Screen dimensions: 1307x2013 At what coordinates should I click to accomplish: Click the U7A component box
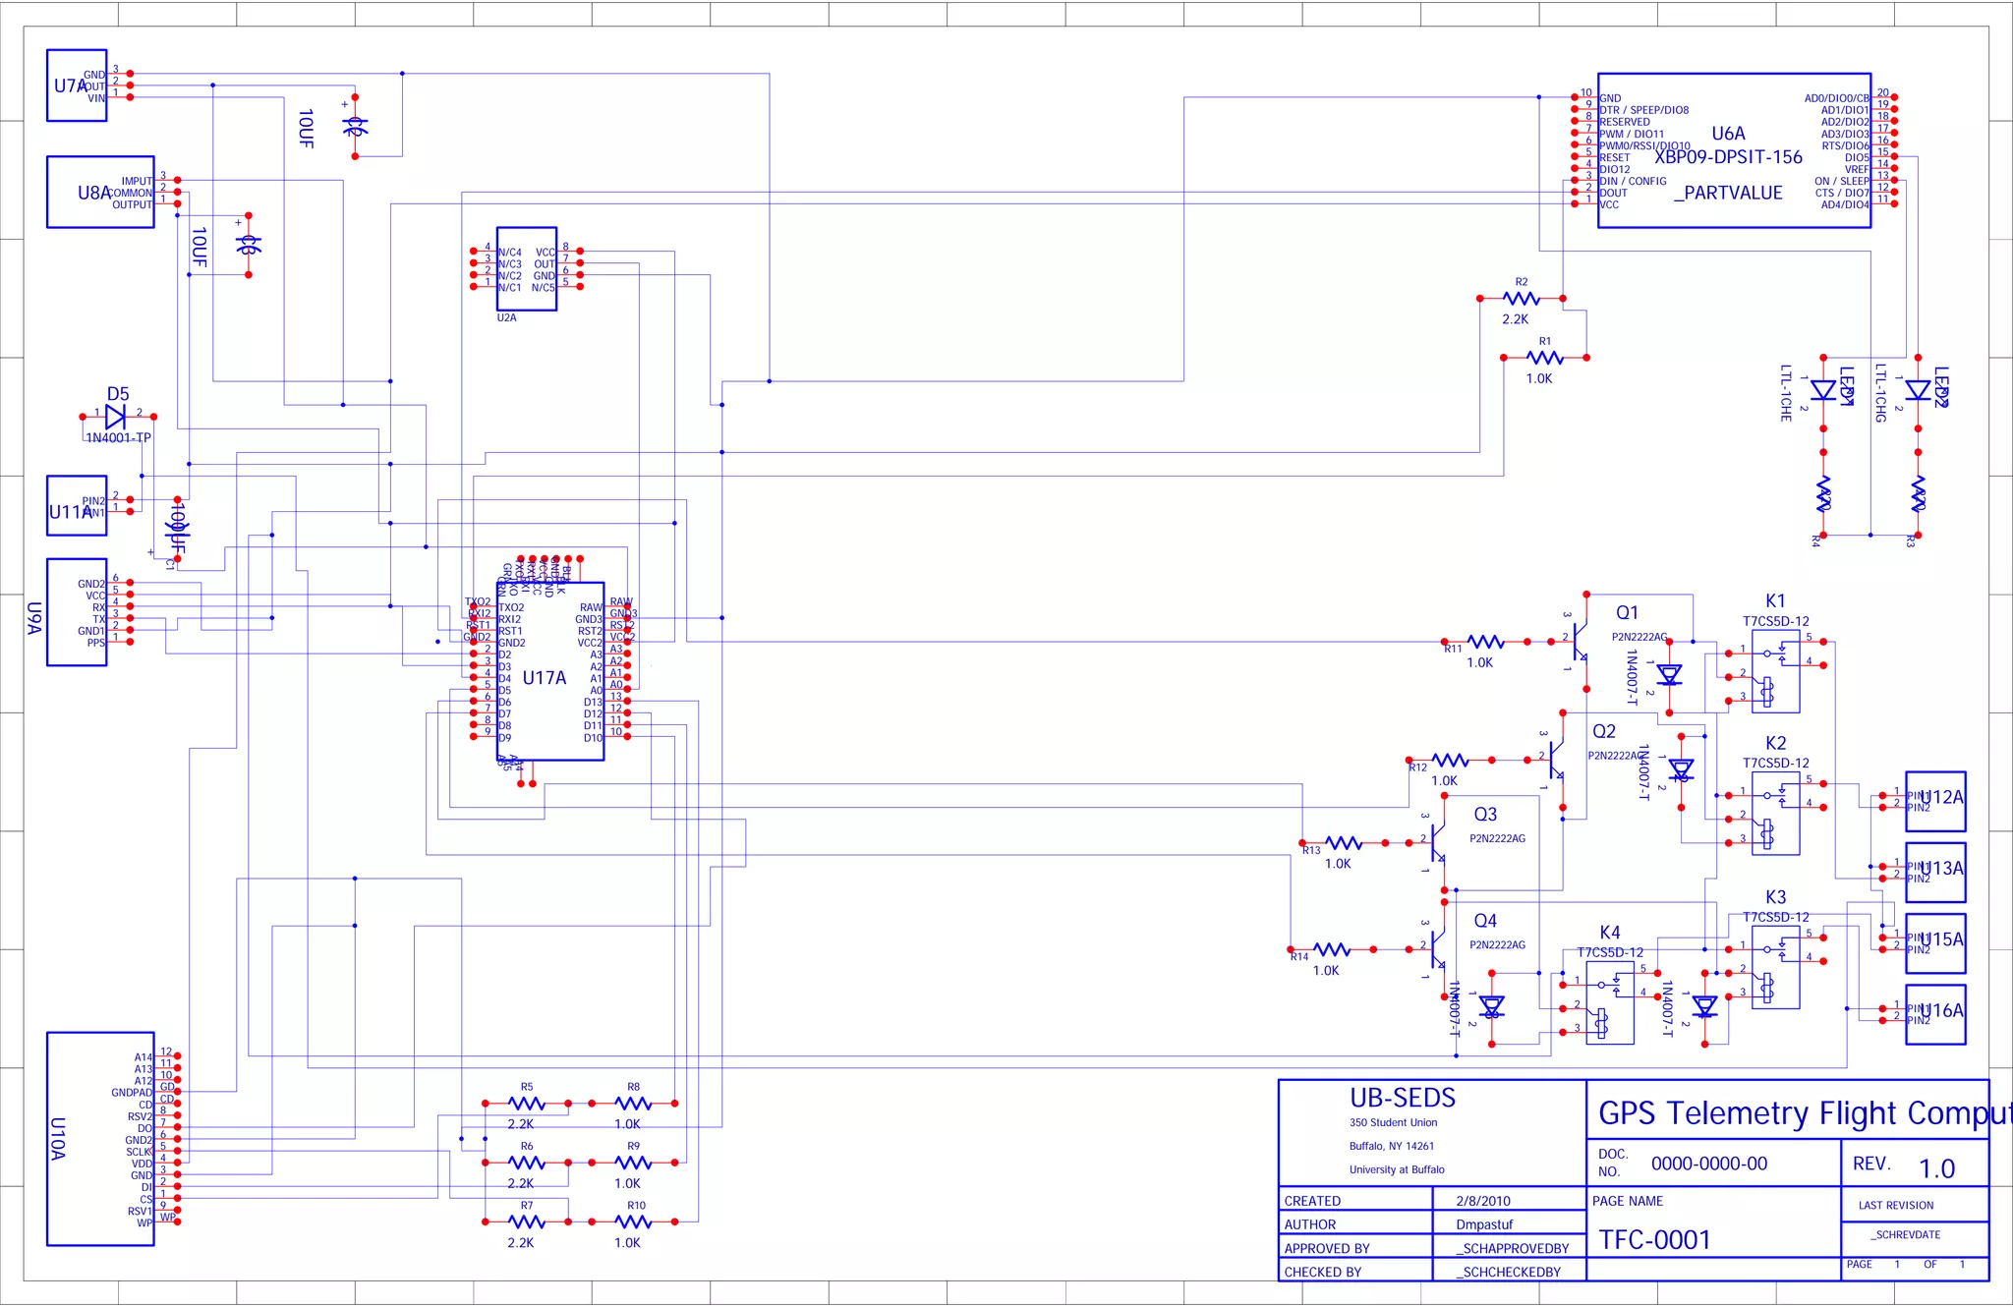coord(77,85)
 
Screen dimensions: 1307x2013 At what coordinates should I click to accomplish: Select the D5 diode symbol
coord(116,416)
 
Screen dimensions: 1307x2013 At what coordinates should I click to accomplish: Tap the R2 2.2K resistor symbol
coord(1521,298)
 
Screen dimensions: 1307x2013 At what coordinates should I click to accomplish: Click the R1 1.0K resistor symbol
coord(1544,358)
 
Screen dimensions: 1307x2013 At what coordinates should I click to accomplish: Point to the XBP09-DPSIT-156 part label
coord(1728,157)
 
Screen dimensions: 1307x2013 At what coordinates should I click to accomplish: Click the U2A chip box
coord(527,269)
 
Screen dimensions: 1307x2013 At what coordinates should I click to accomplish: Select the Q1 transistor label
coord(1627,612)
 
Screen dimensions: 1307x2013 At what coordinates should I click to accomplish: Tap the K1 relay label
coord(1774,600)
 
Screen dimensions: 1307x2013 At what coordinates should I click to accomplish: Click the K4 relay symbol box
coord(1610,1002)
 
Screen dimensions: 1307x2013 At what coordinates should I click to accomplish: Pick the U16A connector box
coord(1935,1014)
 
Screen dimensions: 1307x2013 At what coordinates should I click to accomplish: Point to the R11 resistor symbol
coord(1484,642)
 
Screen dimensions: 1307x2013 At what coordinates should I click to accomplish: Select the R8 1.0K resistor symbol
coord(633,1104)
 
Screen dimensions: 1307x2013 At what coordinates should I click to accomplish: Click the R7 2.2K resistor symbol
coord(527,1222)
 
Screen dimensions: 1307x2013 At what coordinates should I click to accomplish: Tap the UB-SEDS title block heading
coord(1403,1098)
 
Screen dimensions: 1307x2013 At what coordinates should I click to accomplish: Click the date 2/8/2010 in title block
coord(1483,1201)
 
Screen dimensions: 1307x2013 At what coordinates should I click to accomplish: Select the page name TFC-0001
coord(1655,1240)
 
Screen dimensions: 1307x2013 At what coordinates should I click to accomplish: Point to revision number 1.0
coord(1936,1168)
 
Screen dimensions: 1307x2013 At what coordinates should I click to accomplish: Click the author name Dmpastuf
coord(1484,1224)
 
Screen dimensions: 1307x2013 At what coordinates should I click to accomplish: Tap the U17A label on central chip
coord(544,677)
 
